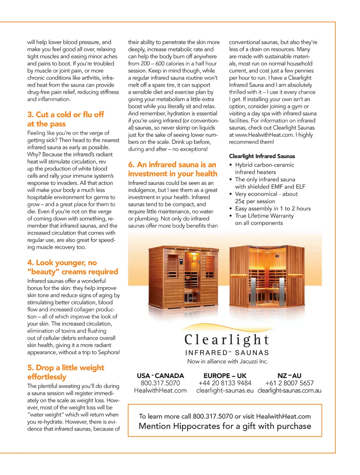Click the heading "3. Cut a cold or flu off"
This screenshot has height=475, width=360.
coord(65,115)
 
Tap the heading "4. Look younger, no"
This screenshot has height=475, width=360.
coord(62,263)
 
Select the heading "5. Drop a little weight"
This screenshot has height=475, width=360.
coord(66,368)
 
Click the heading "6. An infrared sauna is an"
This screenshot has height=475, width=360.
coord(172,165)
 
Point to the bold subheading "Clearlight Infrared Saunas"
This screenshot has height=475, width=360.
coord(262,156)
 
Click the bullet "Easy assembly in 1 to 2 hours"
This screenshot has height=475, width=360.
coord(273,208)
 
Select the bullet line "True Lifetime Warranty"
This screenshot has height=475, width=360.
coord(264,216)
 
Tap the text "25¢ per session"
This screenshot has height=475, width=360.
coord(255,201)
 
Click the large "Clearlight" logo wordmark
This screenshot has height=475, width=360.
coord(226,340)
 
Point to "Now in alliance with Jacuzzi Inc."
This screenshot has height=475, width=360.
coord(228,361)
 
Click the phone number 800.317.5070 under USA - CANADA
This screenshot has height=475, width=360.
coord(160,383)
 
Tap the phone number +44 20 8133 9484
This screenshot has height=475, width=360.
coord(225,383)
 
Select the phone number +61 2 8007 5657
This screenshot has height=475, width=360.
coord(289,383)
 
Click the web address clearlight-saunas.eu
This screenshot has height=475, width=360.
coord(225,391)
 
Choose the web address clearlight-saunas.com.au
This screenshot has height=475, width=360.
coord(289,391)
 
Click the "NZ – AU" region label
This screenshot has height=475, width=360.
coord(289,376)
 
